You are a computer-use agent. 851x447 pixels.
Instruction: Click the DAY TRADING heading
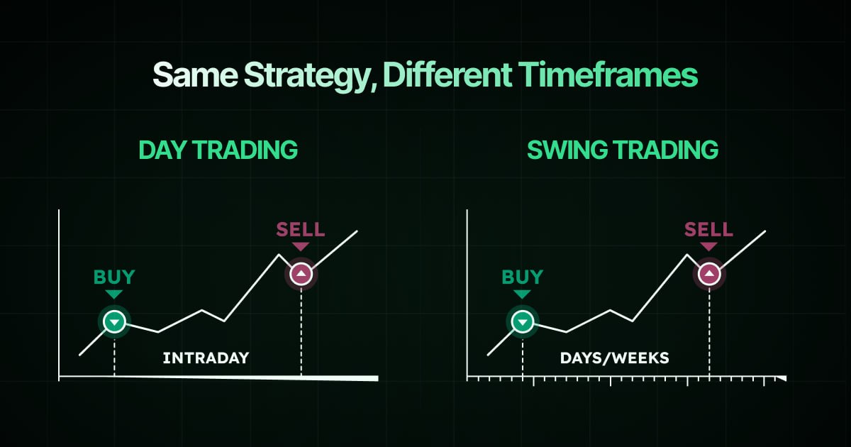pyautogui.click(x=218, y=150)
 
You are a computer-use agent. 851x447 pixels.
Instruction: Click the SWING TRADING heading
pyautogui.click(x=623, y=150)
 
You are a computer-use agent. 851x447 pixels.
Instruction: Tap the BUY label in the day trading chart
pyautogui.click(x=113, y=277)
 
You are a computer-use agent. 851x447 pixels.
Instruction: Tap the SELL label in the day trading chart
pyautogui.click(x=301, y=229)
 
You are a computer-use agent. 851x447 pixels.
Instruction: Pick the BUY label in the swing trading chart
pyautogui.click(x=522, y=277)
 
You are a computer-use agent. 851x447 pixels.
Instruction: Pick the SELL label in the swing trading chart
pyautogui.click(x=709, y=229)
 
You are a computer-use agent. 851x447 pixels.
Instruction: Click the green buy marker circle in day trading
pyautogui.click(x=113, y=322)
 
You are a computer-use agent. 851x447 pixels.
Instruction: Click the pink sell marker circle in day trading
pyautogui.click(x=301, y=274)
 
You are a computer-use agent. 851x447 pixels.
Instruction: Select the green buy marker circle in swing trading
pyautogui.click(x=522, y=322)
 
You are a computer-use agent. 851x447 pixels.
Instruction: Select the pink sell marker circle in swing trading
pyautogui.click(x=709, y=274)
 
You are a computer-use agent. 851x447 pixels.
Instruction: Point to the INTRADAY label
pyautogui.click(x=206, y=358)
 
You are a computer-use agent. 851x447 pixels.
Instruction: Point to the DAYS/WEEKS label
pyautogui.click(x=614, y=358)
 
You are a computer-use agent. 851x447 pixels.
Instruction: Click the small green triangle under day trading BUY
pyautogui.click(x=113, y=294)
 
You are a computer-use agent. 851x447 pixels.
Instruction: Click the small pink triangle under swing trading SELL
pyautogui.click(x=709, y=246)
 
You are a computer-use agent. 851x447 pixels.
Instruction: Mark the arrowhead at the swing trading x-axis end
pyautogui.click(x=782, y=379)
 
